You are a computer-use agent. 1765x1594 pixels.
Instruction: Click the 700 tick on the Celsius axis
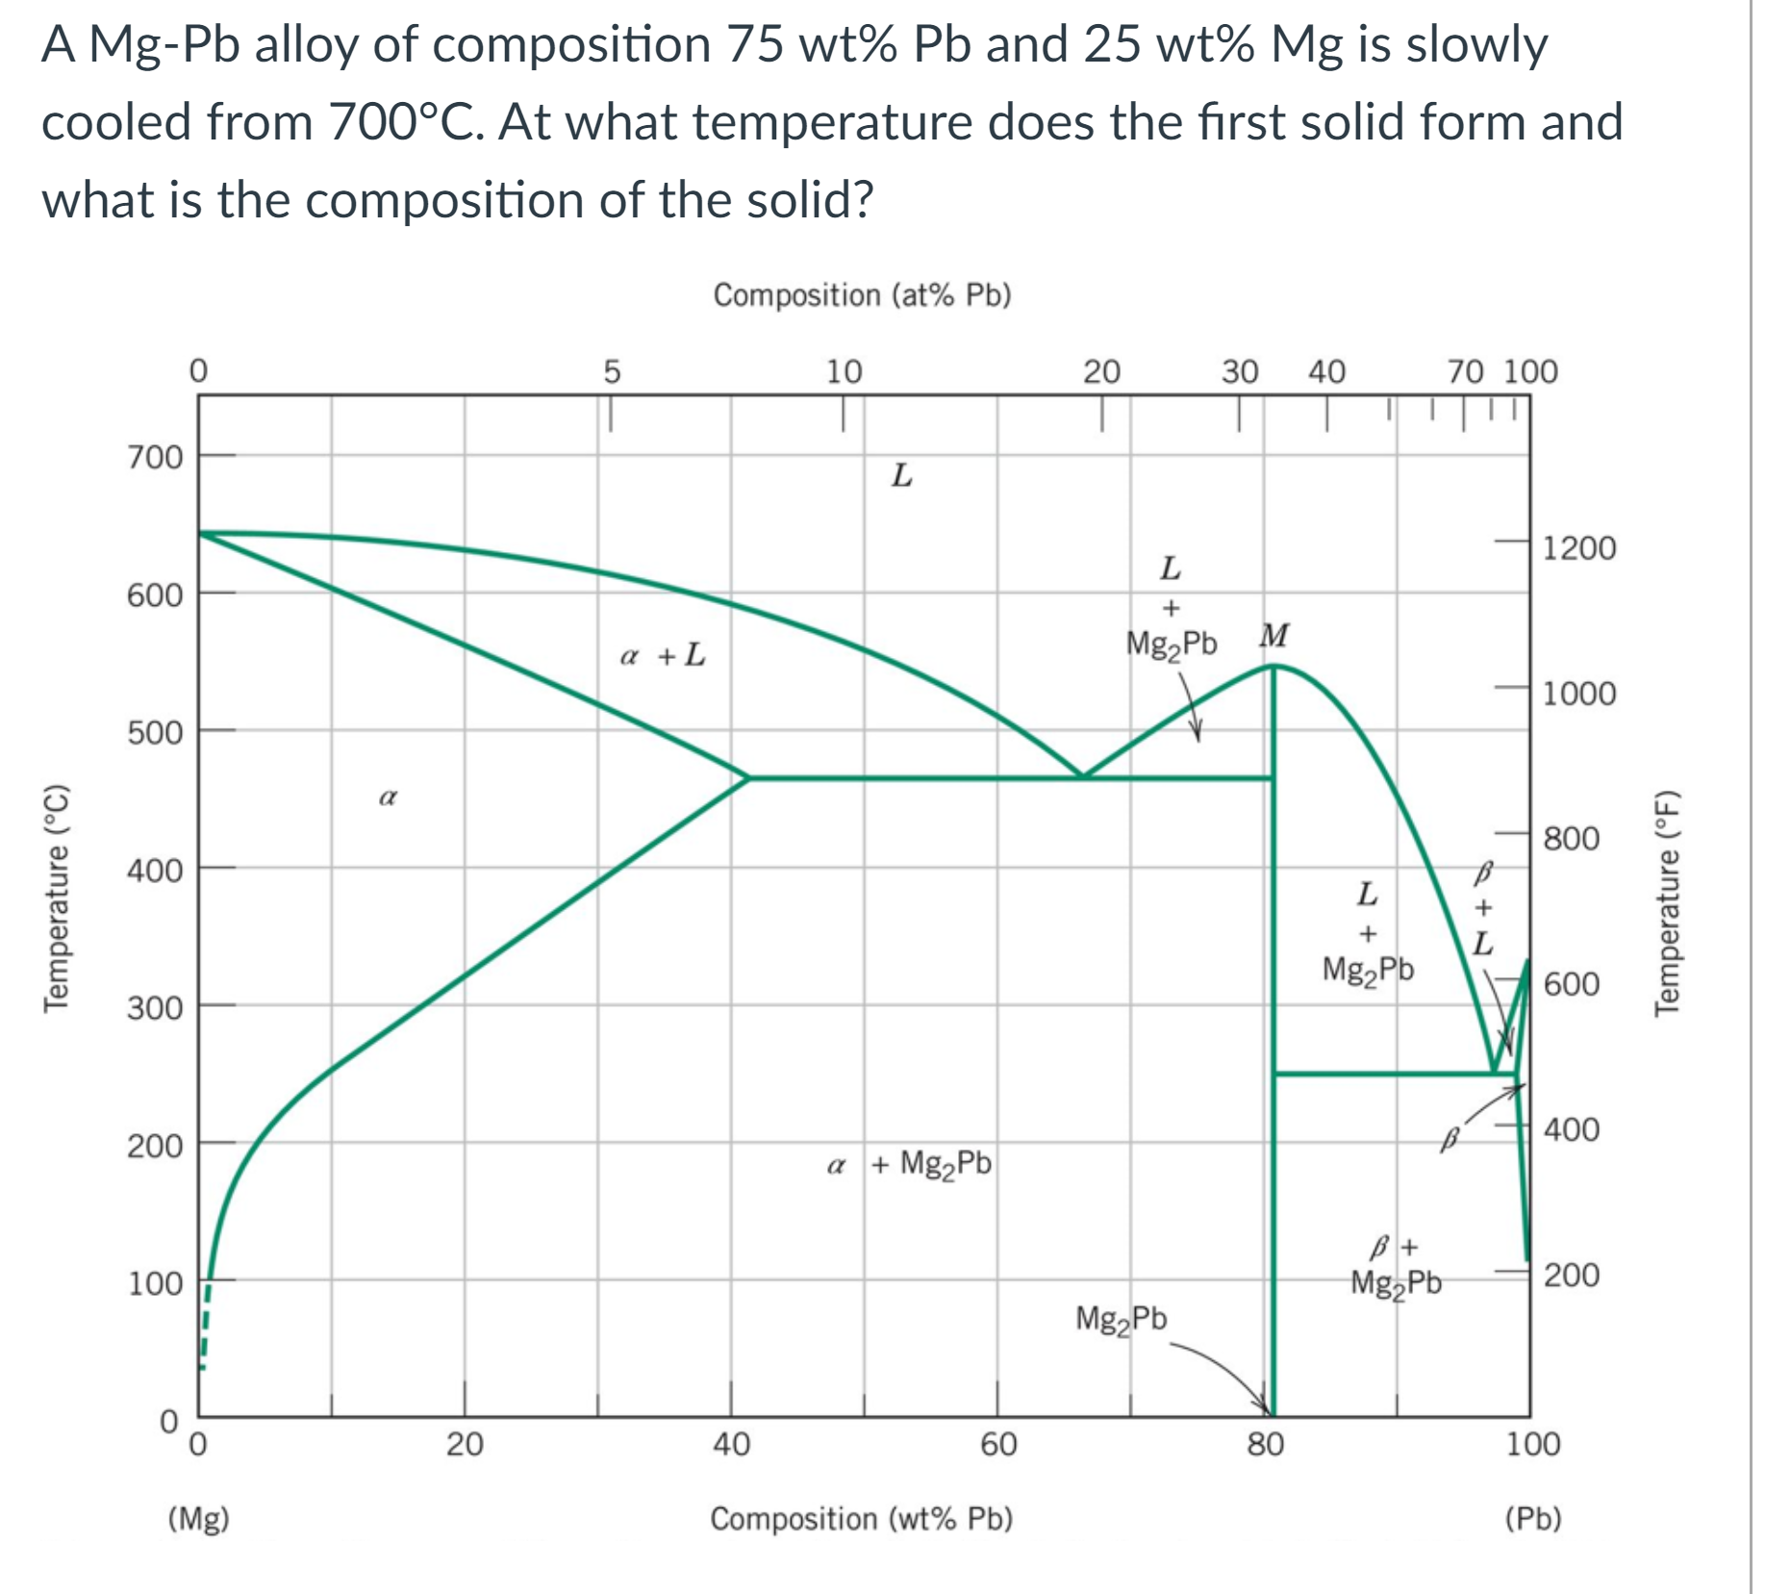click(155, 457)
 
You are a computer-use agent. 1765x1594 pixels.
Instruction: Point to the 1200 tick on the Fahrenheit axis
click(1578, 548)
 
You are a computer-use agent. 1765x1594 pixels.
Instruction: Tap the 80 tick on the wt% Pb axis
click(1265, 1445)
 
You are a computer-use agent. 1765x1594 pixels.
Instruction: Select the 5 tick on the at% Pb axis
click(612, 371)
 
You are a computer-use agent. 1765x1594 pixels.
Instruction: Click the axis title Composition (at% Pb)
click(862, 294)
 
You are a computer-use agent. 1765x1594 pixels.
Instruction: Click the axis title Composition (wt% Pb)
click(861, 1519)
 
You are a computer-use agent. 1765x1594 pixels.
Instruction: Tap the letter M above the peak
click(1273, 636)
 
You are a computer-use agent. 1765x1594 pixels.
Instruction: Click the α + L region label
click(663, 657)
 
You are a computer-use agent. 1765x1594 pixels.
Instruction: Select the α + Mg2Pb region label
click(909, 1165)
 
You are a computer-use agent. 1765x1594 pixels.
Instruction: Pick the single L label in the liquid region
click(901, 475)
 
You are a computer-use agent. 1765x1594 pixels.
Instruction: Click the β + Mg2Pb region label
click(1396, 1268)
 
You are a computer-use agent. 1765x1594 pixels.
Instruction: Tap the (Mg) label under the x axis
click(198, 1519)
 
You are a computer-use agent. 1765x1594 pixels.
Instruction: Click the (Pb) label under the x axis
click(1532, 1519)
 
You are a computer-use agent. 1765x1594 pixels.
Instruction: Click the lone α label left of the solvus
click(388, 797)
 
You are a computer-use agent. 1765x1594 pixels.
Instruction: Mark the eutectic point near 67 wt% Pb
click(1083, 776)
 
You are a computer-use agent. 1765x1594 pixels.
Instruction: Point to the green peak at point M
click(1273, 667)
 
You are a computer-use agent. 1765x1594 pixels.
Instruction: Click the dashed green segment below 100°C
click(205, 1328)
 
